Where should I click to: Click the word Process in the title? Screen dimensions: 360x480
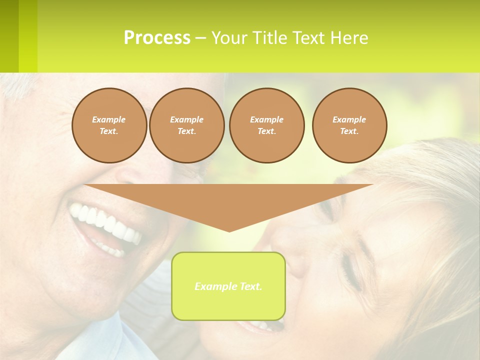pyautogui.click(x=157, y=38)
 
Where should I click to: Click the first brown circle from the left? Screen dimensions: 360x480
pyautogui.click(x=109, y=125)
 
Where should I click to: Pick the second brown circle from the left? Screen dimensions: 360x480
pyautogui.click(x=186, y=125)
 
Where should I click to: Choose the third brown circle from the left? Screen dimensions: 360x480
pyautogui.click(x=266, y=125)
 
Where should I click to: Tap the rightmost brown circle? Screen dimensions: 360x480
pyautogui.click(x=349, y=125)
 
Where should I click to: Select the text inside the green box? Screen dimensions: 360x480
pyautogui.click(x=228, y=286)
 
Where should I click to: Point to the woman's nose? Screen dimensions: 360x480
pyautogui.click(x=295, y=260)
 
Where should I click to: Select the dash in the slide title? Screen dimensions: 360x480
pyautogui.click(x=200, y=38)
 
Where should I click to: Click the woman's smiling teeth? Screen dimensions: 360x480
pyautogui.click(x=260, y=326)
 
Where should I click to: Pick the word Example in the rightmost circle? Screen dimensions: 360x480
pyautogui.click(x=349, y=119)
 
